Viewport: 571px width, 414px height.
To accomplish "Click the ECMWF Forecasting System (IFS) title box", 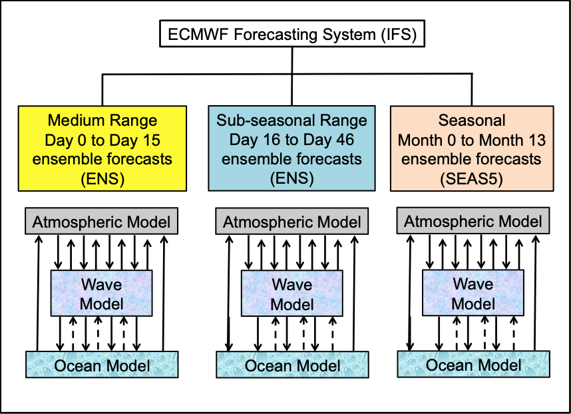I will point(291,33).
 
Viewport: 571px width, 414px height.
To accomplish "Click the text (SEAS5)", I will point(472,178).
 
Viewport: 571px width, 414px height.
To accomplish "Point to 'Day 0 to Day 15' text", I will point(102,141).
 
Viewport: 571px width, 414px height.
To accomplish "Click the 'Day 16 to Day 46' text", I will point(291,141).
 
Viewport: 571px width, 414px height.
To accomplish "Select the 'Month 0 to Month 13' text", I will point(472,141).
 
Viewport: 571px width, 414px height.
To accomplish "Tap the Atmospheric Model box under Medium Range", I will point(101,222).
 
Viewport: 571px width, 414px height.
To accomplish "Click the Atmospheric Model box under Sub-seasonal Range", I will point(292,222).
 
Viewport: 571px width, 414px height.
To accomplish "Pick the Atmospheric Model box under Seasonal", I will point(473,221).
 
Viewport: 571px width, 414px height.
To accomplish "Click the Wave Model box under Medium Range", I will point(102,294).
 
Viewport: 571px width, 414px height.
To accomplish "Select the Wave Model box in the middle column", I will point(292,294).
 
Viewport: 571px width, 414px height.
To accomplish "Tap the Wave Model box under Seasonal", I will point(473,294).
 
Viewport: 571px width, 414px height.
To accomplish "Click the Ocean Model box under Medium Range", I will point(101,365).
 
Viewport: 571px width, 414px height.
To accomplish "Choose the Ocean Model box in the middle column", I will point(292,365).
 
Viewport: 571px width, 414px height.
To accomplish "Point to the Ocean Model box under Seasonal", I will point(473,365).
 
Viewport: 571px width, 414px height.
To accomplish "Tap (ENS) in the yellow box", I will point(102,178).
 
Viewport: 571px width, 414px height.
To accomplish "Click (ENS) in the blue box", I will point(291,178).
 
